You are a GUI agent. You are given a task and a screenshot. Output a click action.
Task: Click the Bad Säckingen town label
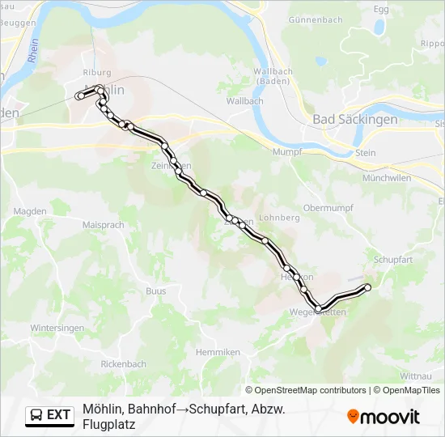pyautogui.click(x=355, y=119)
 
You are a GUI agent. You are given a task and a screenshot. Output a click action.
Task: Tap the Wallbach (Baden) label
pyautogui.click(x=273, y=76)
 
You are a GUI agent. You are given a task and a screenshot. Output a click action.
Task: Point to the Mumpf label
pyautogui.click(x=287, y=151)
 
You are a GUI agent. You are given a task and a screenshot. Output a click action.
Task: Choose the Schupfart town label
pyautogui.click(x=394, y=259)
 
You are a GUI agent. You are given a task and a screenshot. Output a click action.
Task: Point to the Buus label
pyautogui.click(x=155, y=291)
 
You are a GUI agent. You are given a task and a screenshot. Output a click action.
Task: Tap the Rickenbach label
pyautogui.click(x=123, y=364)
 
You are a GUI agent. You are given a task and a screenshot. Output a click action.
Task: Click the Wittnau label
pyautogui.click(x=415, y=376)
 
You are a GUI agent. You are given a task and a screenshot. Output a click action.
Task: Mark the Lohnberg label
pyautogui.click(x=281, y=218)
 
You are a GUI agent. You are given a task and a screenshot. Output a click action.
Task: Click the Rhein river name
pyautogui.click(x=33, y=53)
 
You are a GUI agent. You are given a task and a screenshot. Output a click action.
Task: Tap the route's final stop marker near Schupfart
pyautogui.click(x=367, y=287)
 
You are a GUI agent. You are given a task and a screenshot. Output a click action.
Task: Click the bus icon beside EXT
pyautogui.click(x=36, y=415)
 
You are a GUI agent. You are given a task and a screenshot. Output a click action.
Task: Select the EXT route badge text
pyautogui.click(x=59, y=415)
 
